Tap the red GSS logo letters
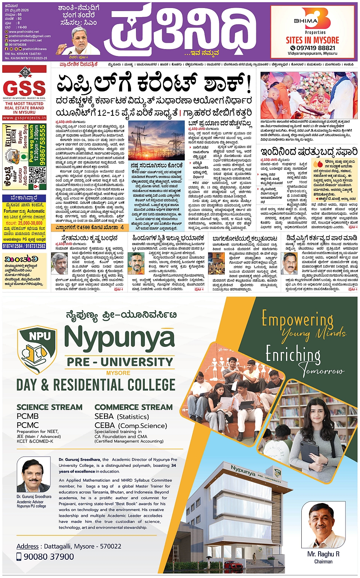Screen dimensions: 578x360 pos(24,89)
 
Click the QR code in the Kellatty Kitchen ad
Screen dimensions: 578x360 pos(37,175)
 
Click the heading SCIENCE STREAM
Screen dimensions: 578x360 pos(50,407)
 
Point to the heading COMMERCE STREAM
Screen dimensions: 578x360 pos(133,407)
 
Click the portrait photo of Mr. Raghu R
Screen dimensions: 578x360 pos(323,525)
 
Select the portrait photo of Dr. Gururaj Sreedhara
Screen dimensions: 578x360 pos(34,476)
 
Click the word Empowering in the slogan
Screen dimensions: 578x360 pos(297,319)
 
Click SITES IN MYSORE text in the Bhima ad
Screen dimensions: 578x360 pos(312,40)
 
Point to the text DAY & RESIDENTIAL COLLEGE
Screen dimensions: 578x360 pos(96,385)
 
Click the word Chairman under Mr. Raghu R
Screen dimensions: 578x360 pos(323,562)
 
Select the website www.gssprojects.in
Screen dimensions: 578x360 pos(24,118)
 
